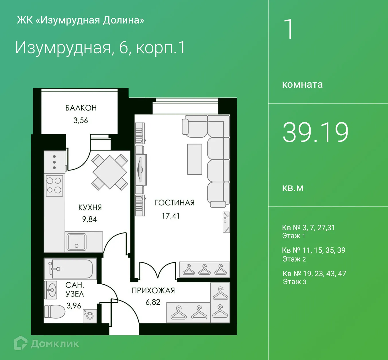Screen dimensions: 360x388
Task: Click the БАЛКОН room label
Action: coord(81,108)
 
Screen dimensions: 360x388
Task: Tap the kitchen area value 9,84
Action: coord(89,219)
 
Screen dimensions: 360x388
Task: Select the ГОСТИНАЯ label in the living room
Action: coord(175,203)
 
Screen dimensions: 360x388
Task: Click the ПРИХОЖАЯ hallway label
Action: coord(153,290)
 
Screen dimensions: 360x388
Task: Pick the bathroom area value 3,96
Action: coord(74,306)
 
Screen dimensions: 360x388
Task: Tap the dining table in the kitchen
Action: coord(109,172)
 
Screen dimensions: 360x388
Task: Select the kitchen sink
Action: coord(76,242)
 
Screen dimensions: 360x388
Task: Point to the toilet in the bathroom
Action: coord(54,312)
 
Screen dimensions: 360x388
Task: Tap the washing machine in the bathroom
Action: coord(90,316)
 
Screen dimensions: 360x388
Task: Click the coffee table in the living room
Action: coord(195,159)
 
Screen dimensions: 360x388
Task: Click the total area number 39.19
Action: coord(316,132)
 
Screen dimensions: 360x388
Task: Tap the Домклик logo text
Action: coord(54,344)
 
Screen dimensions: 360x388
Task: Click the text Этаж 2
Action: coord(294,259)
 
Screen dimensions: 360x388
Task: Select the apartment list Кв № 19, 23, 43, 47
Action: coord(314,274)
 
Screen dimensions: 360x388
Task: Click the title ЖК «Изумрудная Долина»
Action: coord(81,20)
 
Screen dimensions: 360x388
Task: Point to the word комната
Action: coord(302,85)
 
